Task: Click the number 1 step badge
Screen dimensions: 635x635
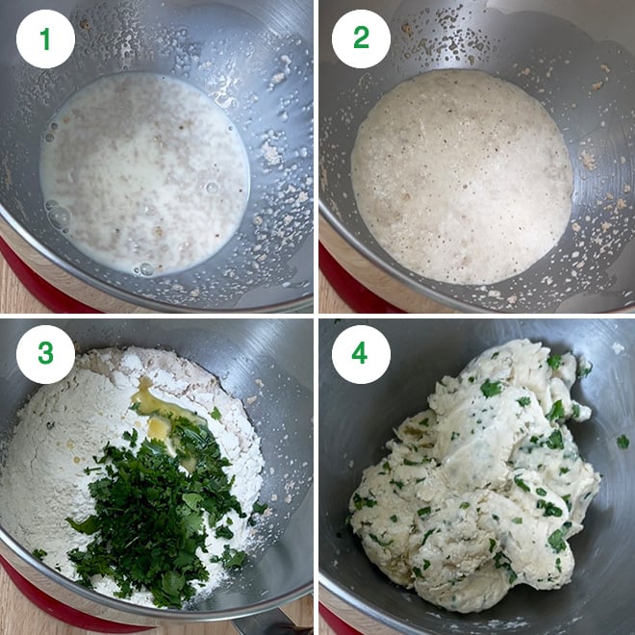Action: coord(45,38)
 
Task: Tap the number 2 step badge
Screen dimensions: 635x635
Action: coord(361,38)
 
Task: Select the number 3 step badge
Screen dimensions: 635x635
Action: coord(45,353)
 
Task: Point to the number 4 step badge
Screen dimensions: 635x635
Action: coord(361,353)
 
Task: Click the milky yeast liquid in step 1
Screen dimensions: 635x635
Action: coord(144,173)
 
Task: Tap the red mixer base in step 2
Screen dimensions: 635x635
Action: coord(337,274)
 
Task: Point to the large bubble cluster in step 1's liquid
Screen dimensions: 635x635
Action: coord(58,216)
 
